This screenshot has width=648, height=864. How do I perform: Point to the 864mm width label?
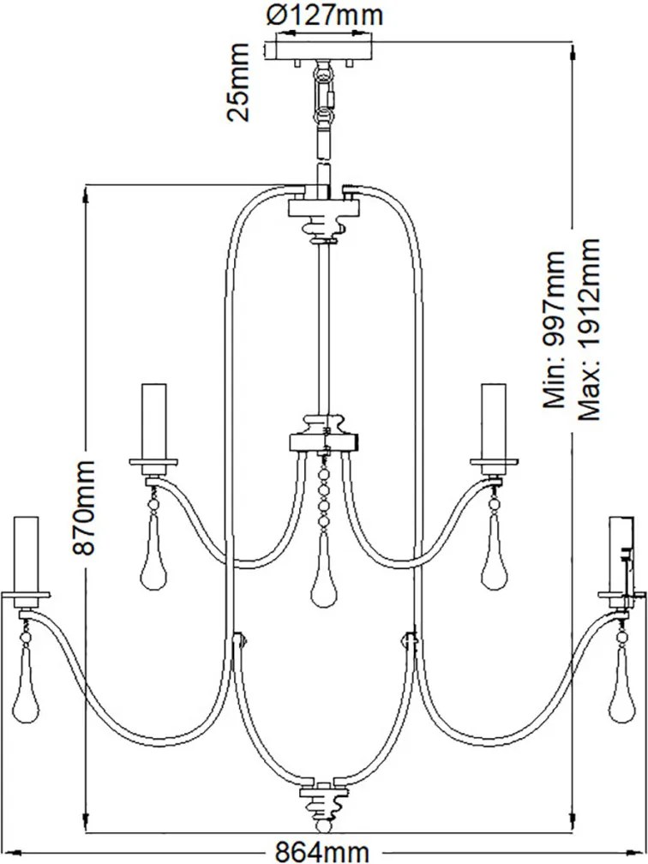pyautogui.click(x=322, y=853)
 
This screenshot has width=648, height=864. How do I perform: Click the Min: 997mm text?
pyautogui.click(x=554, y=329)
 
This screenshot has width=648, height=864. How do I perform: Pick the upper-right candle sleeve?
pyautogui.click(x=493, y=422)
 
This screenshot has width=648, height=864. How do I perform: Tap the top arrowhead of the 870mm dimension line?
pyautogui.click(x=85, y=195)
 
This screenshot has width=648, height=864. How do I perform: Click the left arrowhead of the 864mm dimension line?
pyautogui.click(x=10, y=853)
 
